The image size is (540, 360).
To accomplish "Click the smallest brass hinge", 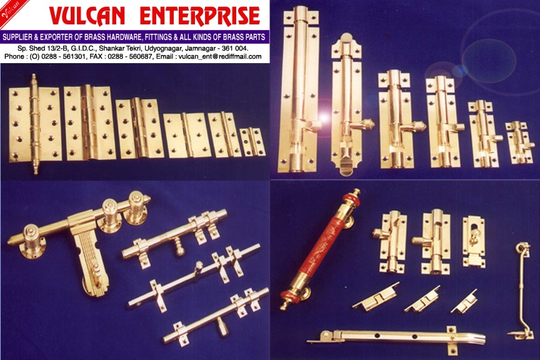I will pos(252,142).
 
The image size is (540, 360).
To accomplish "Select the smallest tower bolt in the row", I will pos(518,142).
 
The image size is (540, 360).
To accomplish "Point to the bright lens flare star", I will pos(324,117).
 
